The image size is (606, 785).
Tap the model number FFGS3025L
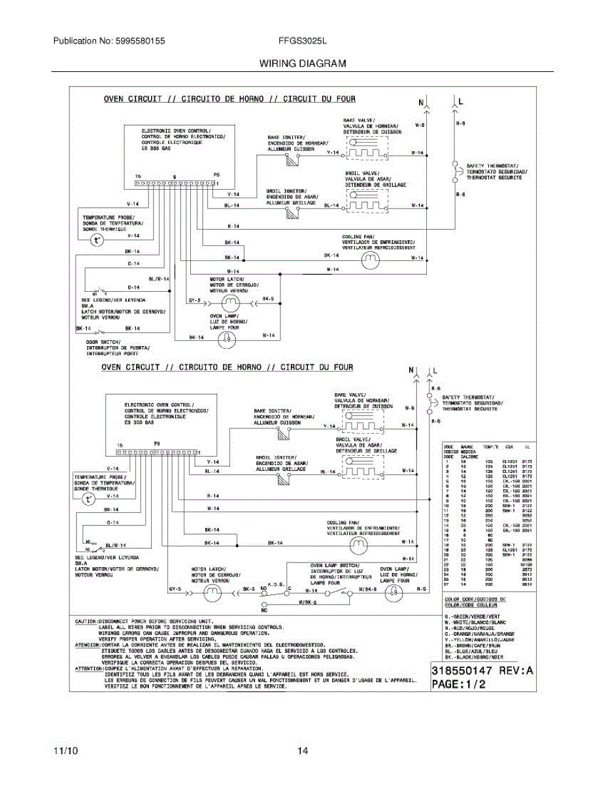(x=303, y=41)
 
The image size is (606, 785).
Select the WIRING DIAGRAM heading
(x=303, y=63)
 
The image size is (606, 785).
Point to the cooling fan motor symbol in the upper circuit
(x=371, y=260)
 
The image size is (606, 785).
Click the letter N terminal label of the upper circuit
(x=422, y=103)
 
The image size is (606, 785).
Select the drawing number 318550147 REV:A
(x=482, y=671)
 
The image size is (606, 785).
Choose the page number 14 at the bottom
(x=303, y=751)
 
